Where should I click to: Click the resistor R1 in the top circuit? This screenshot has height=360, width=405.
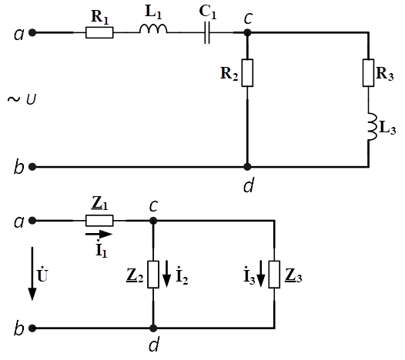[x=99, y=33]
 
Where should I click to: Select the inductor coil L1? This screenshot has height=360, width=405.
[x=153, y=28]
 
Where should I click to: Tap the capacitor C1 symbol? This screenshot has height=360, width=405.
[x=207, y=33]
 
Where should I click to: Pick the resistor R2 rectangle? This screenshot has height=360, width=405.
[x=247, y=73]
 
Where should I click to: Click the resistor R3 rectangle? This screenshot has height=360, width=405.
[x=368, y=73]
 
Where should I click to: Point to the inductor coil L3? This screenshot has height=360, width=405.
[x=372, y=127]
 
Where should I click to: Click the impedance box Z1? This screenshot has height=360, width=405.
[x=99, y=221]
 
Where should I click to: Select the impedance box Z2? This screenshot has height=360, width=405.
[x=153, y=275]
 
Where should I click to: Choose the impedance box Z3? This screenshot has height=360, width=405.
[x=274, y=275]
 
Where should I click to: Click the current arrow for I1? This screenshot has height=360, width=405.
[x=99, y=235]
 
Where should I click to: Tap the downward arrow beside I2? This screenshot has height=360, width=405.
[x=167, y=274]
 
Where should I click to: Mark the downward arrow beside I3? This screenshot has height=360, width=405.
[x=261, y=274]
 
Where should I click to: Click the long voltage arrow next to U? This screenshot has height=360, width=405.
[x=32, y=274]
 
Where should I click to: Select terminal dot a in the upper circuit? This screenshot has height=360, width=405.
[x=32, y=33]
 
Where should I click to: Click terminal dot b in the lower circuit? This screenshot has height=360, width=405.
[x=32, y=328]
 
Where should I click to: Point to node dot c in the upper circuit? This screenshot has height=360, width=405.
[x=247, y=33]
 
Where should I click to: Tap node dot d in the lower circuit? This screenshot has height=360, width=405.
[x=153, y=328]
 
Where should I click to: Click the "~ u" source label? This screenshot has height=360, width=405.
[x=22, y=99]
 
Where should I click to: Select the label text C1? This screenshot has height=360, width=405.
[x=208, y=12]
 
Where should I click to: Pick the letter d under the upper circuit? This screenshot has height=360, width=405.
[x=249, y=185]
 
